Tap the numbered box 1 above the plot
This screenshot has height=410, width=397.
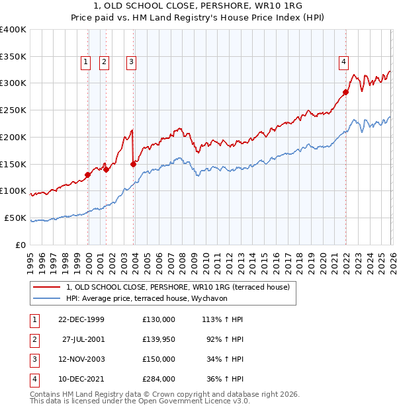86,62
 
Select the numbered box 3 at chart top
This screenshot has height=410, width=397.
132,62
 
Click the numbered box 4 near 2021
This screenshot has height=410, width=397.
343,62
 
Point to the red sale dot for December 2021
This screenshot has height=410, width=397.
345,92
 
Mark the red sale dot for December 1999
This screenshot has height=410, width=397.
88,175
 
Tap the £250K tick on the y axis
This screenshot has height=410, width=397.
13,110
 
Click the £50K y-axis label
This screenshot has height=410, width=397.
15,218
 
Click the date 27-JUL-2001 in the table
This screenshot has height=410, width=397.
83,339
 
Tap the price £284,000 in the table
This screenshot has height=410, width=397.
158,379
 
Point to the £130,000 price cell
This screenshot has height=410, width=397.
158,319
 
